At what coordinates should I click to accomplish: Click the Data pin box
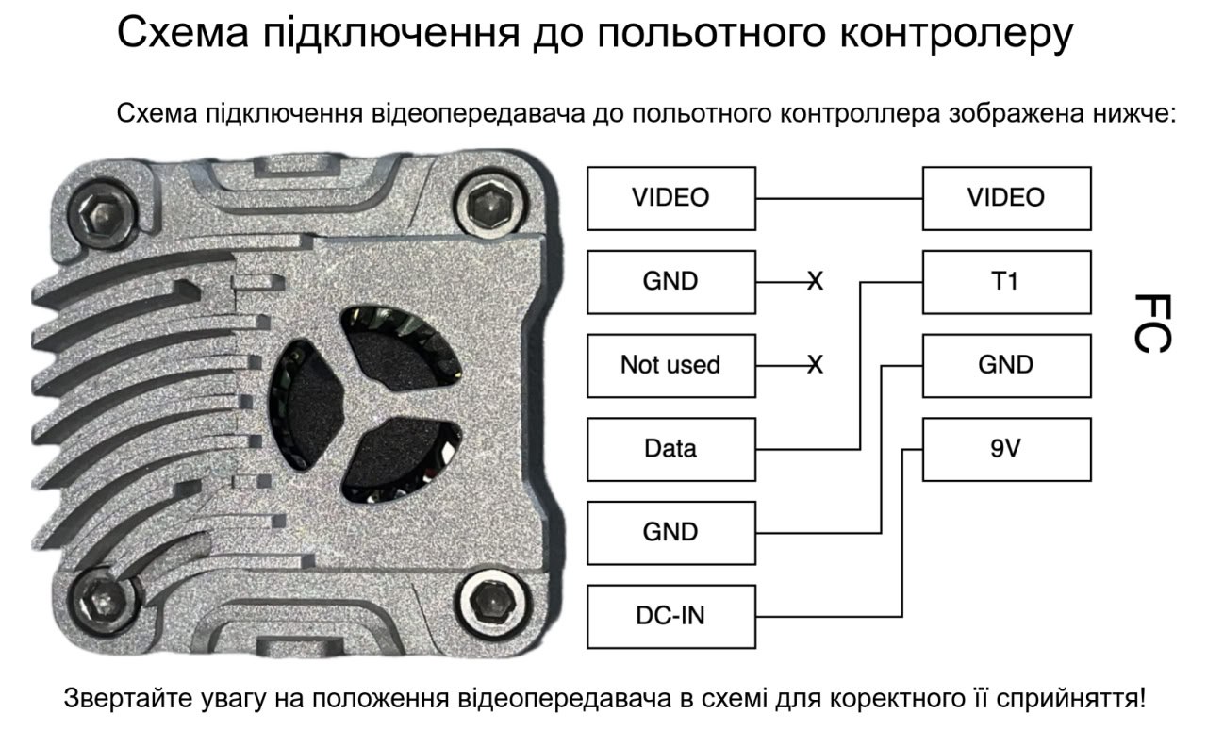click(x=670, y=449)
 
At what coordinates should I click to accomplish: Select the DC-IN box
click(x=670, y=616)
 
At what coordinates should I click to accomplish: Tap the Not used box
click(x=670, y=366)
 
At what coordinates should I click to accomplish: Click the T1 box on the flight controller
click(x=1006, y=282)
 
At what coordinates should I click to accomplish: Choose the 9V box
click(x=1006, y=449)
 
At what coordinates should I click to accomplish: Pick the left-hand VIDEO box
click(x=670, y=198)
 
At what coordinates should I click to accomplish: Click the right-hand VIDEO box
click(x=1006, y=198)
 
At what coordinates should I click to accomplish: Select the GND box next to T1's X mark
click(x=670, y=282)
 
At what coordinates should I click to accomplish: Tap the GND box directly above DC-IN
click(x=670, y=533)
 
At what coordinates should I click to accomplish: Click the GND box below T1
click(x=1006, y=366)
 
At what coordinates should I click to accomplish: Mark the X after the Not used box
click(x=816, y=365)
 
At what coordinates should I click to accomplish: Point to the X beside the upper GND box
click(x=816, y=281)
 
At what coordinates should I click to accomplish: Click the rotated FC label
click(x=1152, y=324)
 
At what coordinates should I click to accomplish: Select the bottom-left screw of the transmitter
click(x=103, y=601)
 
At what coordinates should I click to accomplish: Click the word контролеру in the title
click(x=956, y=33)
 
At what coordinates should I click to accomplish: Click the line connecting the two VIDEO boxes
click(x=839, y=198)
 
